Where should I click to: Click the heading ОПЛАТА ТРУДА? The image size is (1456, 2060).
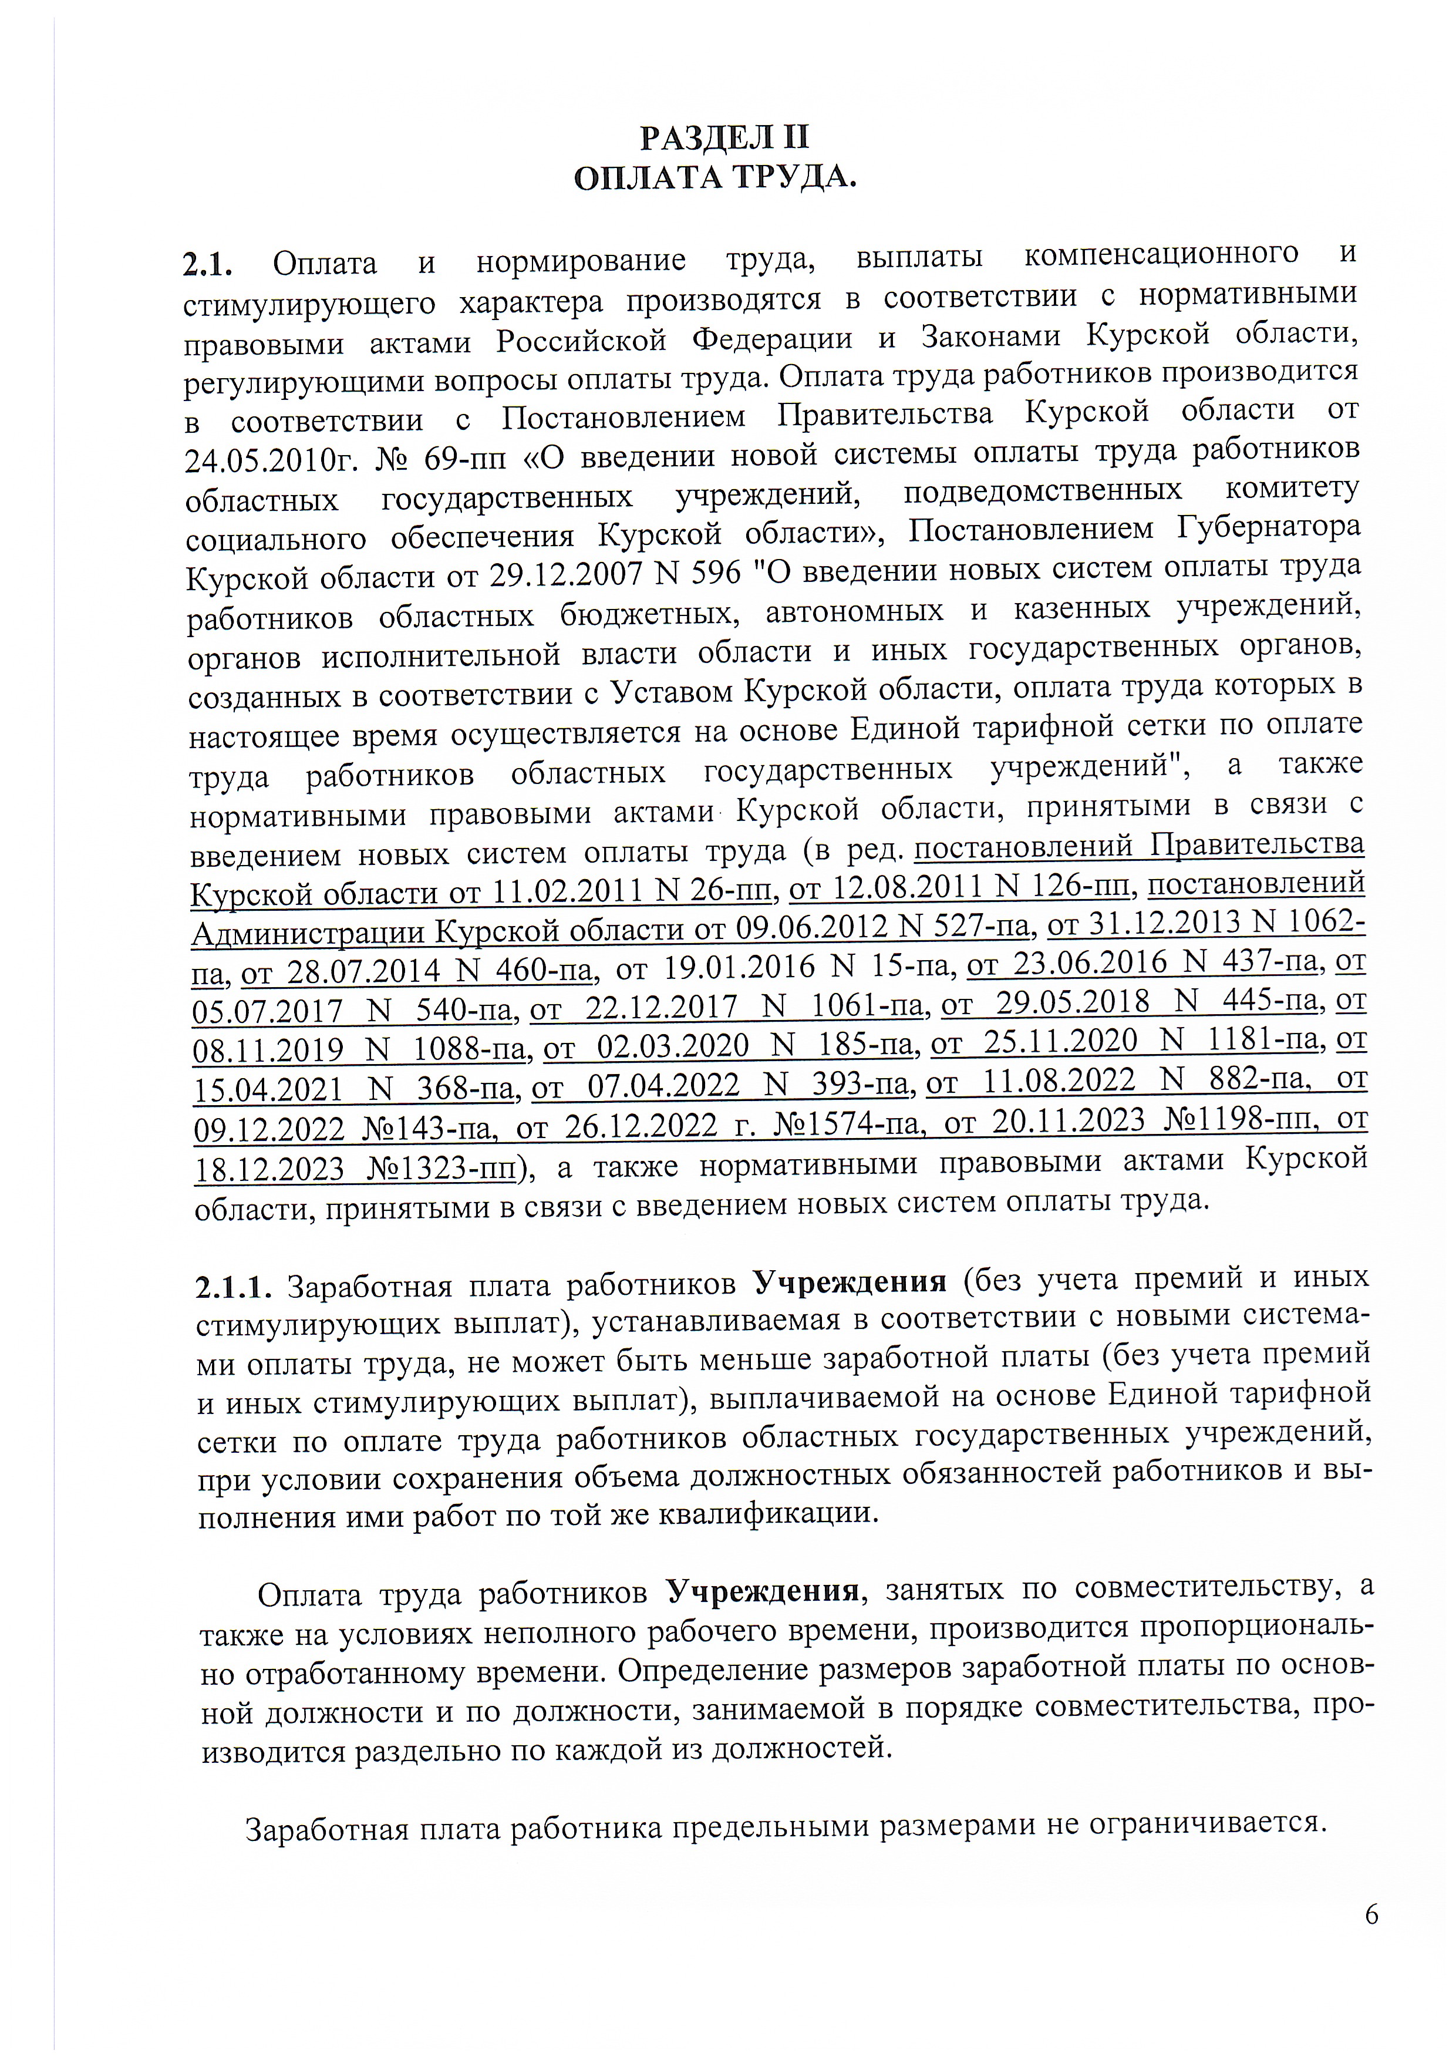pyautogui.click(x=715, y=178)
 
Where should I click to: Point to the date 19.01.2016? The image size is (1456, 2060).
pyautogui.click(x=740, y=967)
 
